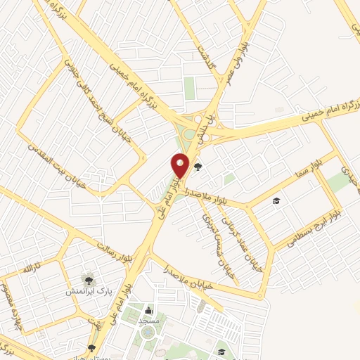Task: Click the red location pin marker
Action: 181,165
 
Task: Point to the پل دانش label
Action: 206,127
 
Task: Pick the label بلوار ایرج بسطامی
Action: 311,228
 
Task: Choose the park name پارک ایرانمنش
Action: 88,291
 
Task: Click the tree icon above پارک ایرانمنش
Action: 88,280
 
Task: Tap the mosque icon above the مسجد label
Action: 148,310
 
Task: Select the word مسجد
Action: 148,321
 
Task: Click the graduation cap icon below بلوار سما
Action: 276,202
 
